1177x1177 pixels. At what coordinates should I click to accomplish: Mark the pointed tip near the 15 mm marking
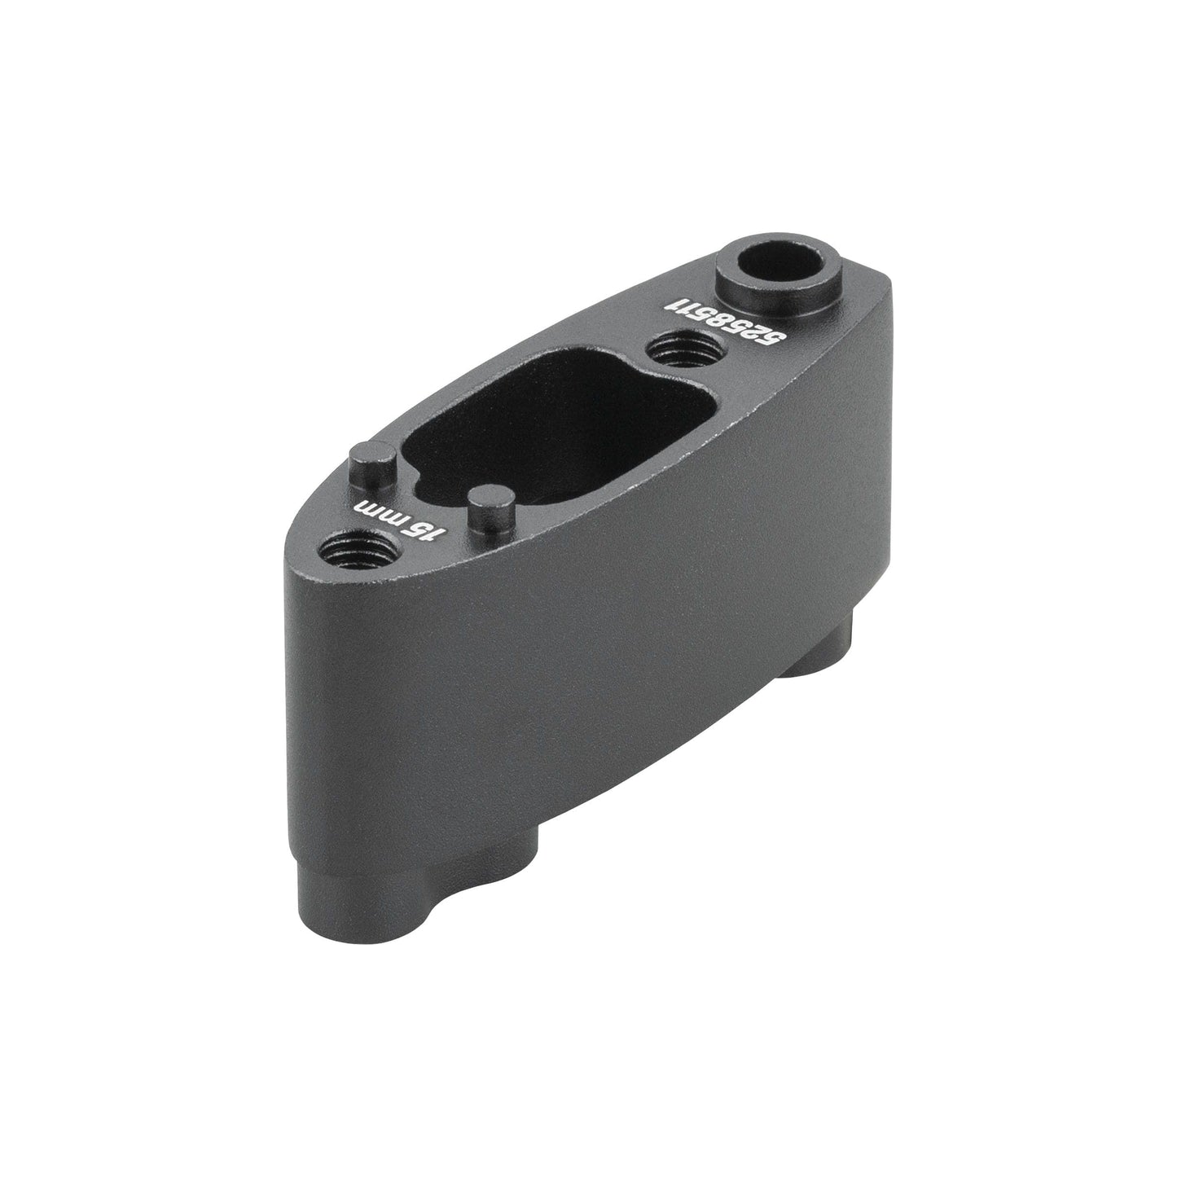[290, 562]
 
